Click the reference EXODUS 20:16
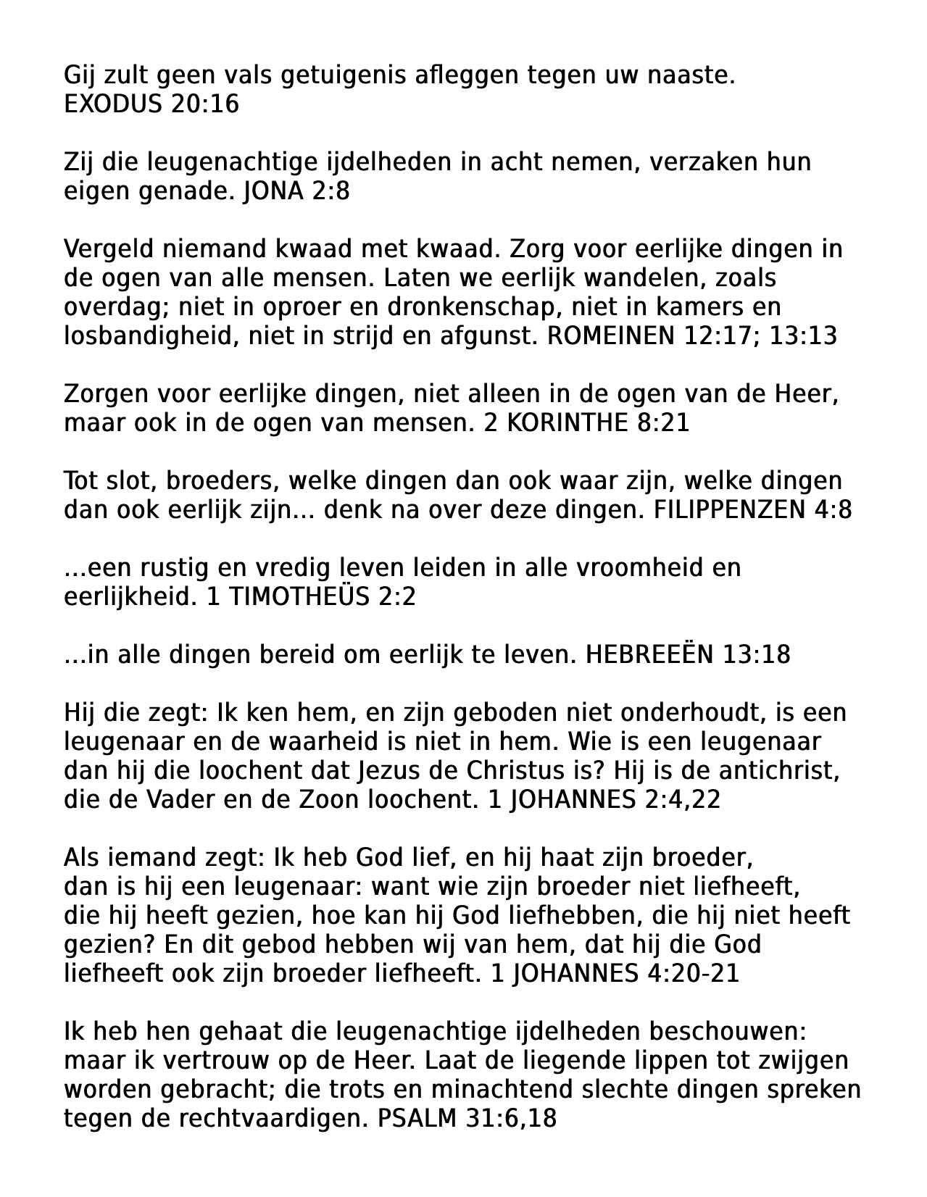151,104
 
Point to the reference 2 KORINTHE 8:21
586,423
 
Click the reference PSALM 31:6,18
467,1119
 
